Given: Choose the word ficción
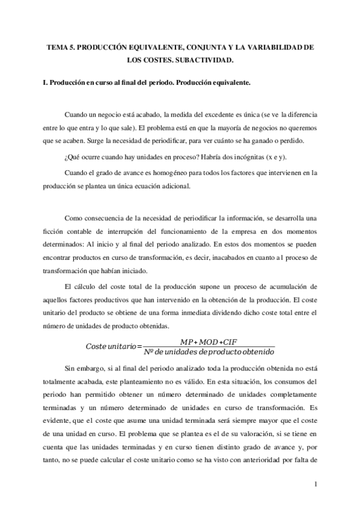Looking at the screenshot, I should pyautogui.click(x=47, y=229).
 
